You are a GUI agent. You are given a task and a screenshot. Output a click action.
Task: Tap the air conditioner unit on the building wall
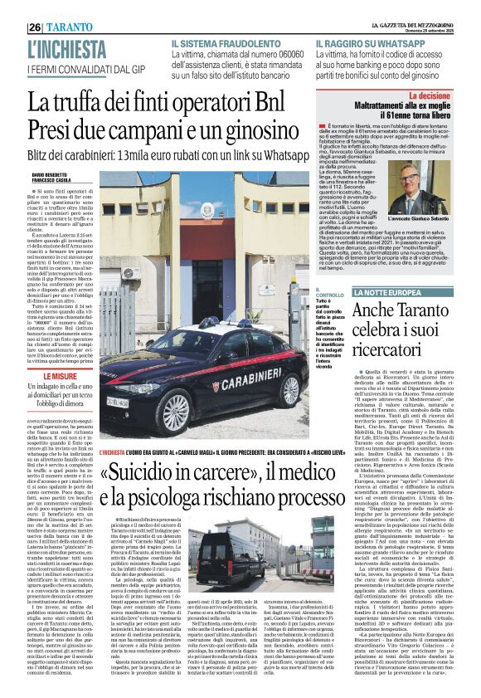pos(129,272)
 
